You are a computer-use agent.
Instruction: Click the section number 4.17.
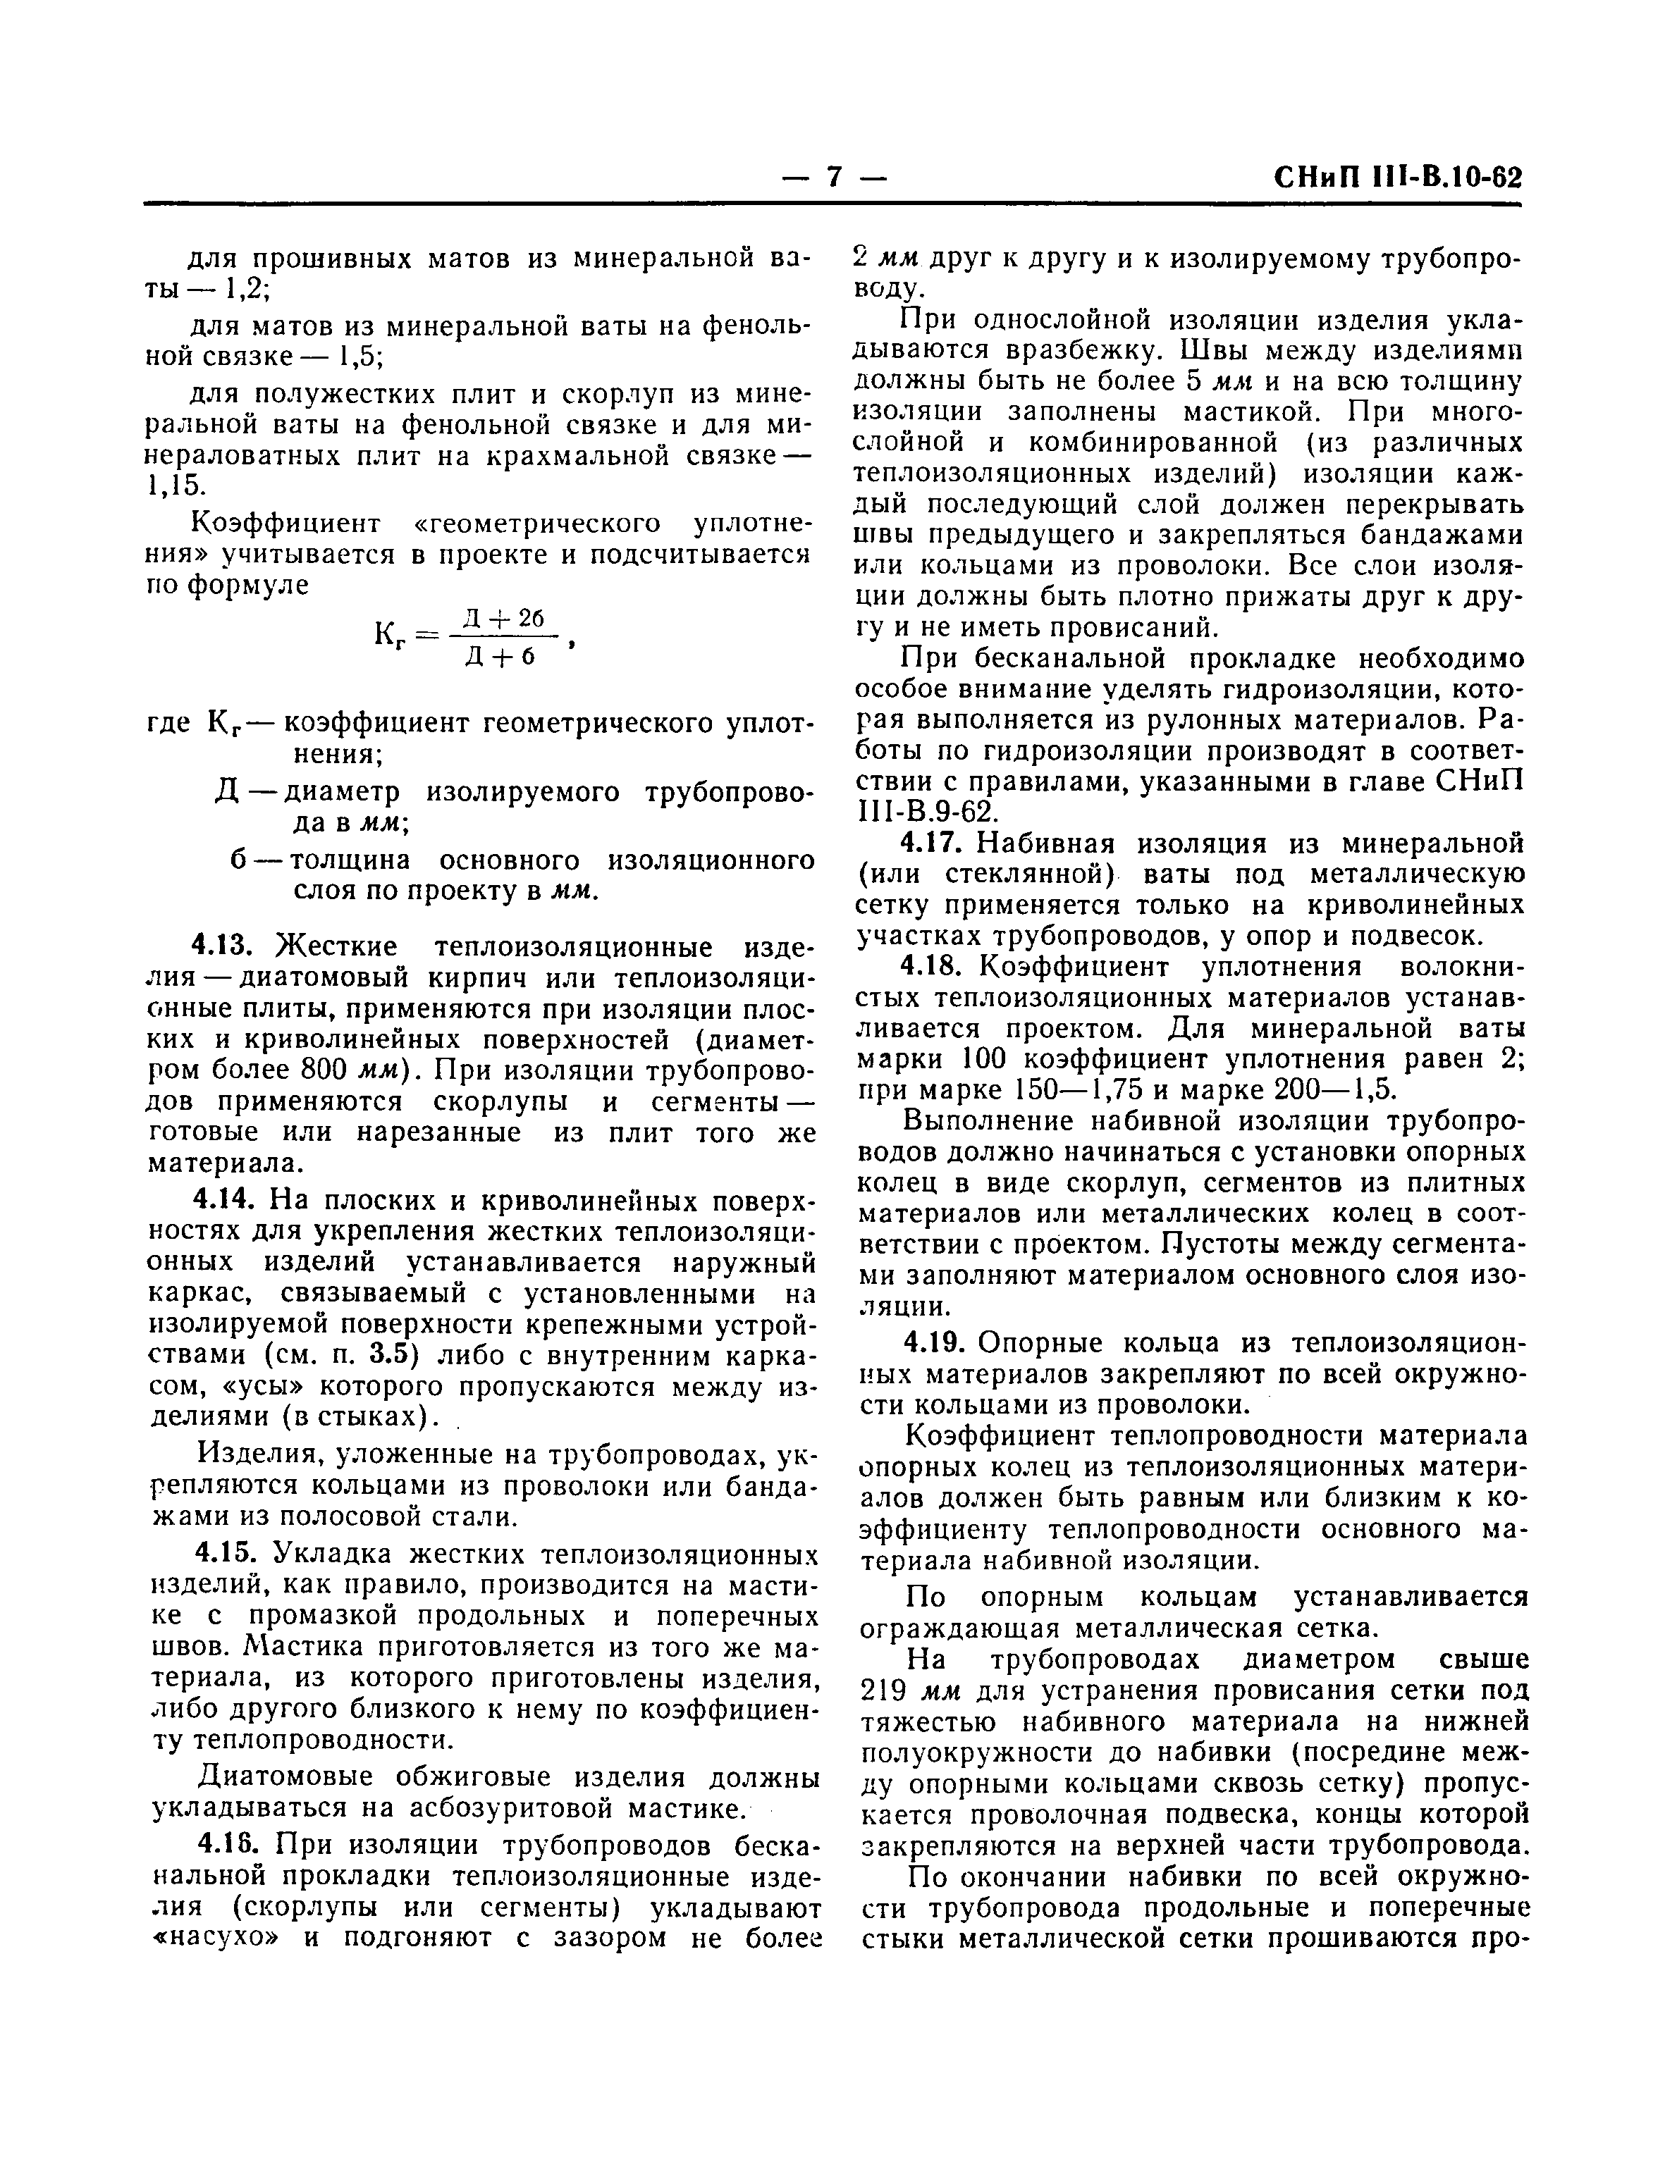(x=932, y=843)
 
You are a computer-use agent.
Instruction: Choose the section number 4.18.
(x=932, y=966)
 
